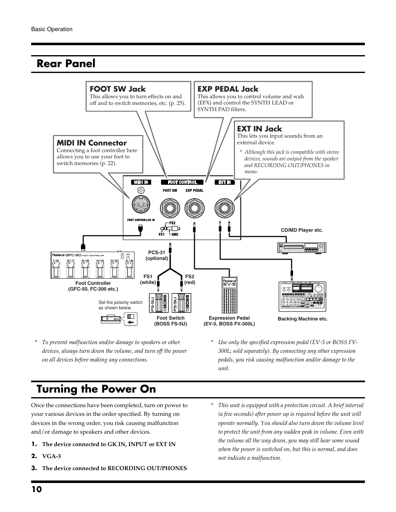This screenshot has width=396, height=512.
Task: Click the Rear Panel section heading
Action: click(x=66, y=63)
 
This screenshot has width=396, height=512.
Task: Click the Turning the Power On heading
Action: click(x=96, y=389)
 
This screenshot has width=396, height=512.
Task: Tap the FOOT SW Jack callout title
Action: click(x=117, y=89)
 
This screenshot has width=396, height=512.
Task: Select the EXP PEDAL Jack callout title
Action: click(x=227, y=89)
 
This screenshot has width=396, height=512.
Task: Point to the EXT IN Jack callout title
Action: click(x=259, y=129)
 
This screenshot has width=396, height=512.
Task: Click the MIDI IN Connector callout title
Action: click(x=91, y=143)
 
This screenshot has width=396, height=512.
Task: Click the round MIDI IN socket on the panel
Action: click(x=142, y=205)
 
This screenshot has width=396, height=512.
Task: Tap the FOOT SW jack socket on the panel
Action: click(x=170, y=207)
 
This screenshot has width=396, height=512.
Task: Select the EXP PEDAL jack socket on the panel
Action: click(x=194, y=207)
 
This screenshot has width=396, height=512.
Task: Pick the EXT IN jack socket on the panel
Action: click(x=224, y=207)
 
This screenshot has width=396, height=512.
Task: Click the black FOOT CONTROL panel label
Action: click(x=182, y=182)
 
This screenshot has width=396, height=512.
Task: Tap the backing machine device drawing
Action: click(x=302, y=297)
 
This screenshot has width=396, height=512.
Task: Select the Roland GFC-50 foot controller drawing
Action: click(x=93, y=265)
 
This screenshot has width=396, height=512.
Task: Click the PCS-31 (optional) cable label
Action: click(x=156, y=255)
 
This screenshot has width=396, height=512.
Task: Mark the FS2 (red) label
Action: click(x=190, y=279)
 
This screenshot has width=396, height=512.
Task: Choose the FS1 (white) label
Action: click(x=148, y=279)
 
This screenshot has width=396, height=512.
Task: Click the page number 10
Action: click(x=36, y=489)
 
